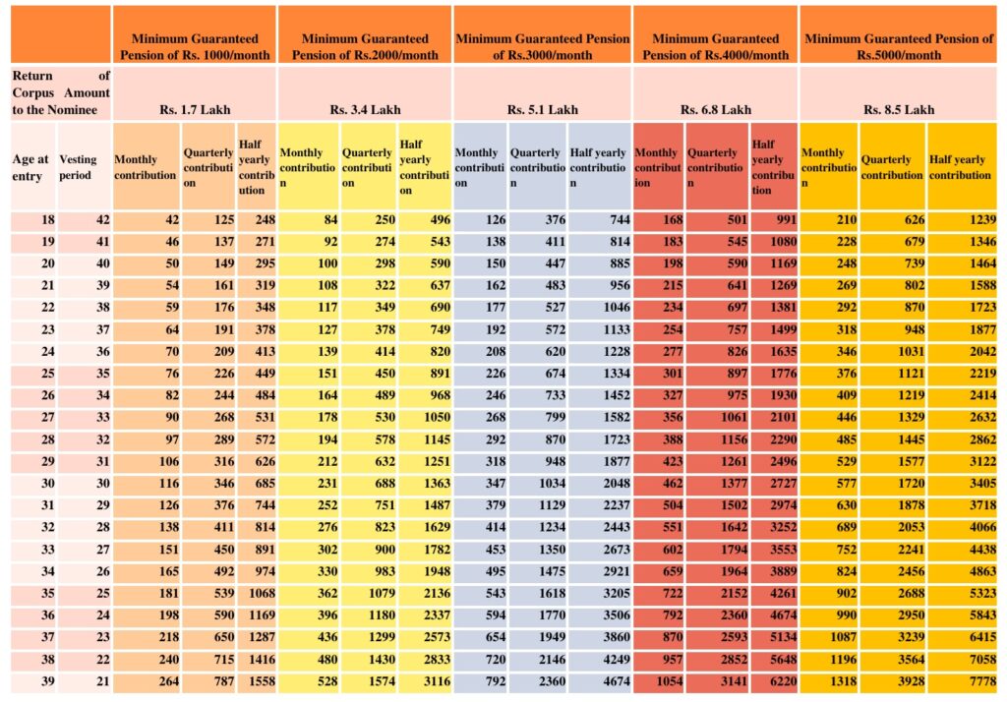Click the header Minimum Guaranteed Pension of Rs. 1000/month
click(195, 47)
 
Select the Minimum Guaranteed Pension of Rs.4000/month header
click(715, 47)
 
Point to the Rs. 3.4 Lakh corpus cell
click(365, 109)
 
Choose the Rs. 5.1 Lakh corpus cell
click(542, 109)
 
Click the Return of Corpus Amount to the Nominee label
click(60, 92)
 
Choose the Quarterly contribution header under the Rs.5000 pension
click(892, 167)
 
